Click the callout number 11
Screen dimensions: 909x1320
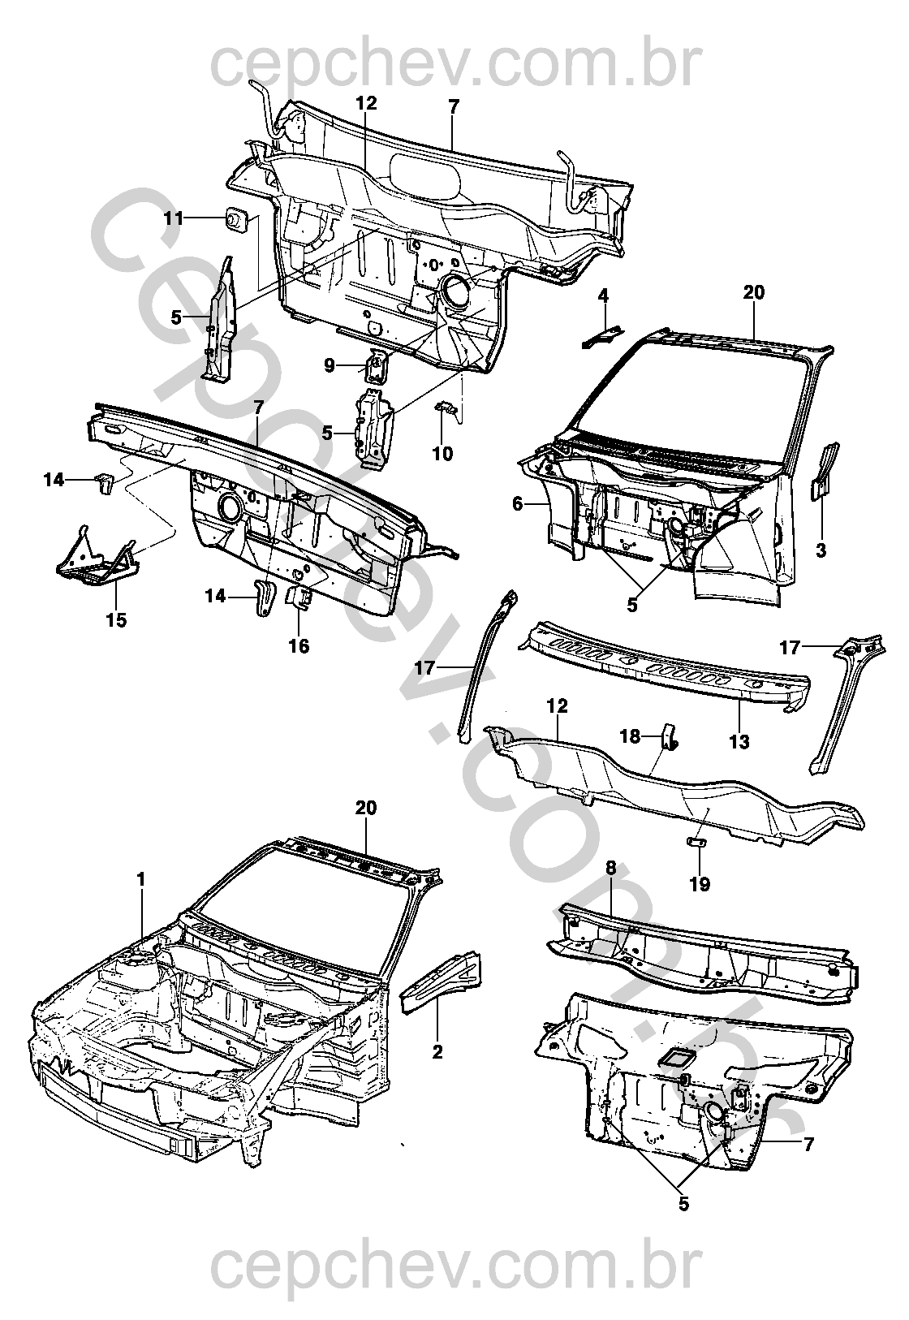[x=173, y=219]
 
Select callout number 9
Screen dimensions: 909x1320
[x=330, y=366]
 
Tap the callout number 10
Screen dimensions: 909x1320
[x=442, y=454]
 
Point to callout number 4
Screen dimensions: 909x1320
[x=603, y=295]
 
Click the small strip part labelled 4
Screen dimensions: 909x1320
[x=601, y=338]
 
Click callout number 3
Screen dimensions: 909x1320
[x=821, y=550]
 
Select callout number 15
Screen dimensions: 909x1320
[x=117, y=620]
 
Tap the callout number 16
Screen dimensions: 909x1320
[x=299, y=646]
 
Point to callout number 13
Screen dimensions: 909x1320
[x=739, y=740]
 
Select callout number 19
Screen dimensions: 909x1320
[x=700, y=885]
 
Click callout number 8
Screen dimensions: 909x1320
[x=610, y=868]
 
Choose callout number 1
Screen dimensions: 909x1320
[x=140, y=896]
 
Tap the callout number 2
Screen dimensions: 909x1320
[x=437, y=1051]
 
